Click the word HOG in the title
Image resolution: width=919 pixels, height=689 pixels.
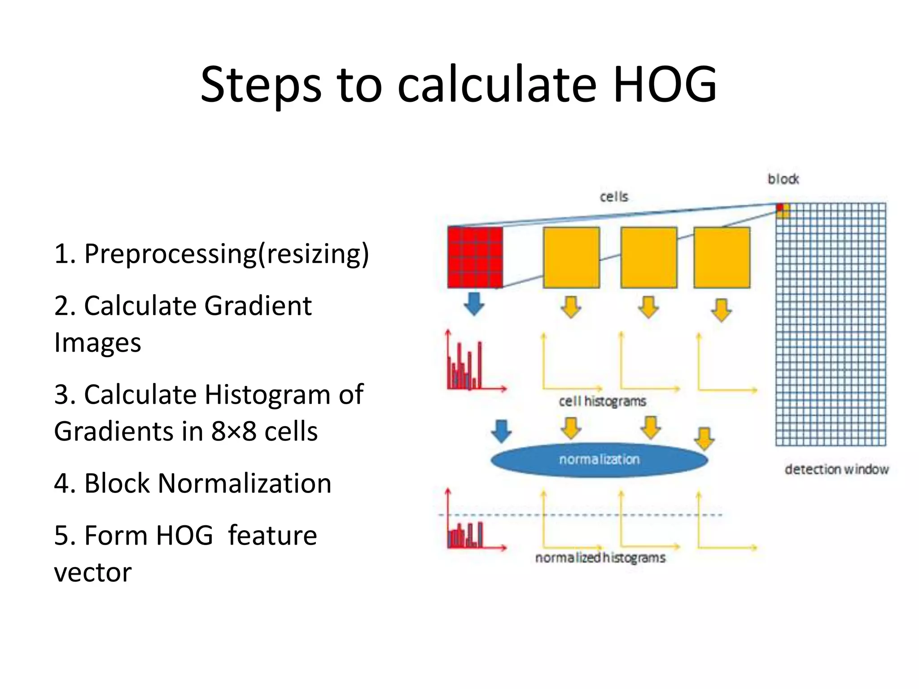665,84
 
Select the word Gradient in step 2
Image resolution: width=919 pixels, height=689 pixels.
258,306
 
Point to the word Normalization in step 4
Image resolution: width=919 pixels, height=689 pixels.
245,484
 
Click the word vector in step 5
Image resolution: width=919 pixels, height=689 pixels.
93,572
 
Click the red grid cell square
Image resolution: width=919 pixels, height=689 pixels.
475,257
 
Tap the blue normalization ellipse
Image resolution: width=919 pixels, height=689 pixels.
599,460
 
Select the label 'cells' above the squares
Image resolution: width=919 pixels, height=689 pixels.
614,196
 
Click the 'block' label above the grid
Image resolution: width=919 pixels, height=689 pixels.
783,179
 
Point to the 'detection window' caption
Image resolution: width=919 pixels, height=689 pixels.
836,469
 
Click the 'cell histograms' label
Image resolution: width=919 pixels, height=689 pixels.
602,401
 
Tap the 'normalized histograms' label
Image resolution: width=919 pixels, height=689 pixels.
600,558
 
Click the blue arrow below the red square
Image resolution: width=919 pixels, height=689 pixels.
474,304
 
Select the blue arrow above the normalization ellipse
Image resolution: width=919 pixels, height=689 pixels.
501,431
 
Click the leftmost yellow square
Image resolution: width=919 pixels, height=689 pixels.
571,257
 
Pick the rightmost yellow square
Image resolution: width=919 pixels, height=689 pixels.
722,257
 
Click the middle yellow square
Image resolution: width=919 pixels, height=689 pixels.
649,257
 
